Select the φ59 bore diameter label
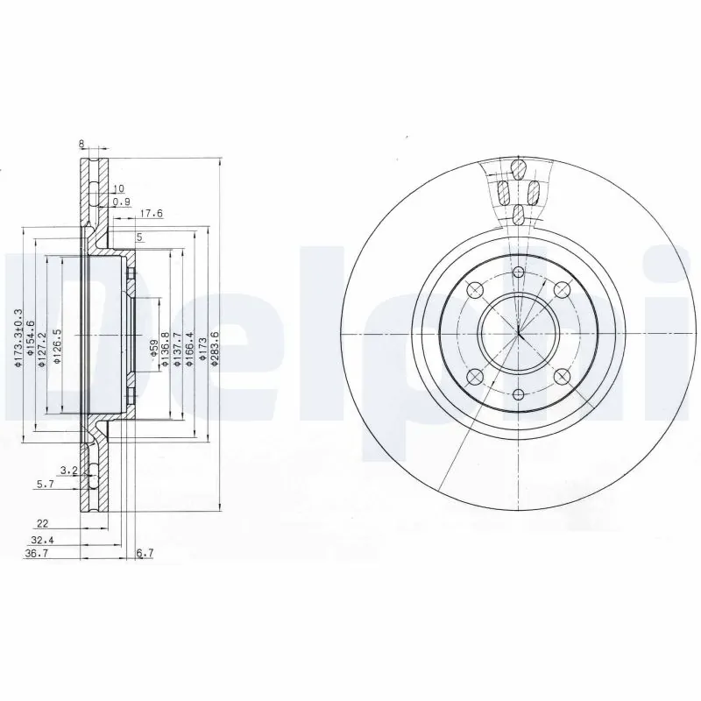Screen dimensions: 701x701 point(153,351)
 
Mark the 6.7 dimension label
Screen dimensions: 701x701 point(145,554)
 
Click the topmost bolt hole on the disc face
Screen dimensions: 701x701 point(519,272)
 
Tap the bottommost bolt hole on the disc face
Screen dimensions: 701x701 point(519,395)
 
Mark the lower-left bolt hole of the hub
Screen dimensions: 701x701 point(474,377)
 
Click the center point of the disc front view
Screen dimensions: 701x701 point(519,333)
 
